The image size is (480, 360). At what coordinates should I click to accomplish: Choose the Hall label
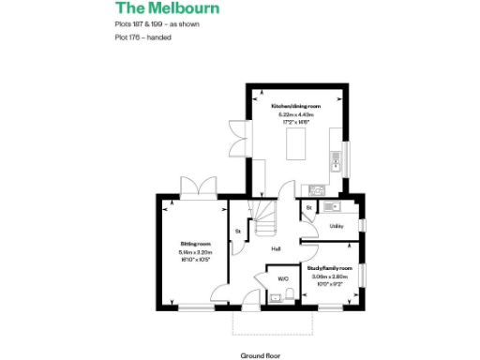click(277, 249)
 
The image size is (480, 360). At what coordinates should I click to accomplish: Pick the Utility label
click(335, 226)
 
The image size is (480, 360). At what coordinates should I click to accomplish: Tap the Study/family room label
click(330, 268)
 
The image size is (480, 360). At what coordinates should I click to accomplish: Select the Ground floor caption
click(261, 355)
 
